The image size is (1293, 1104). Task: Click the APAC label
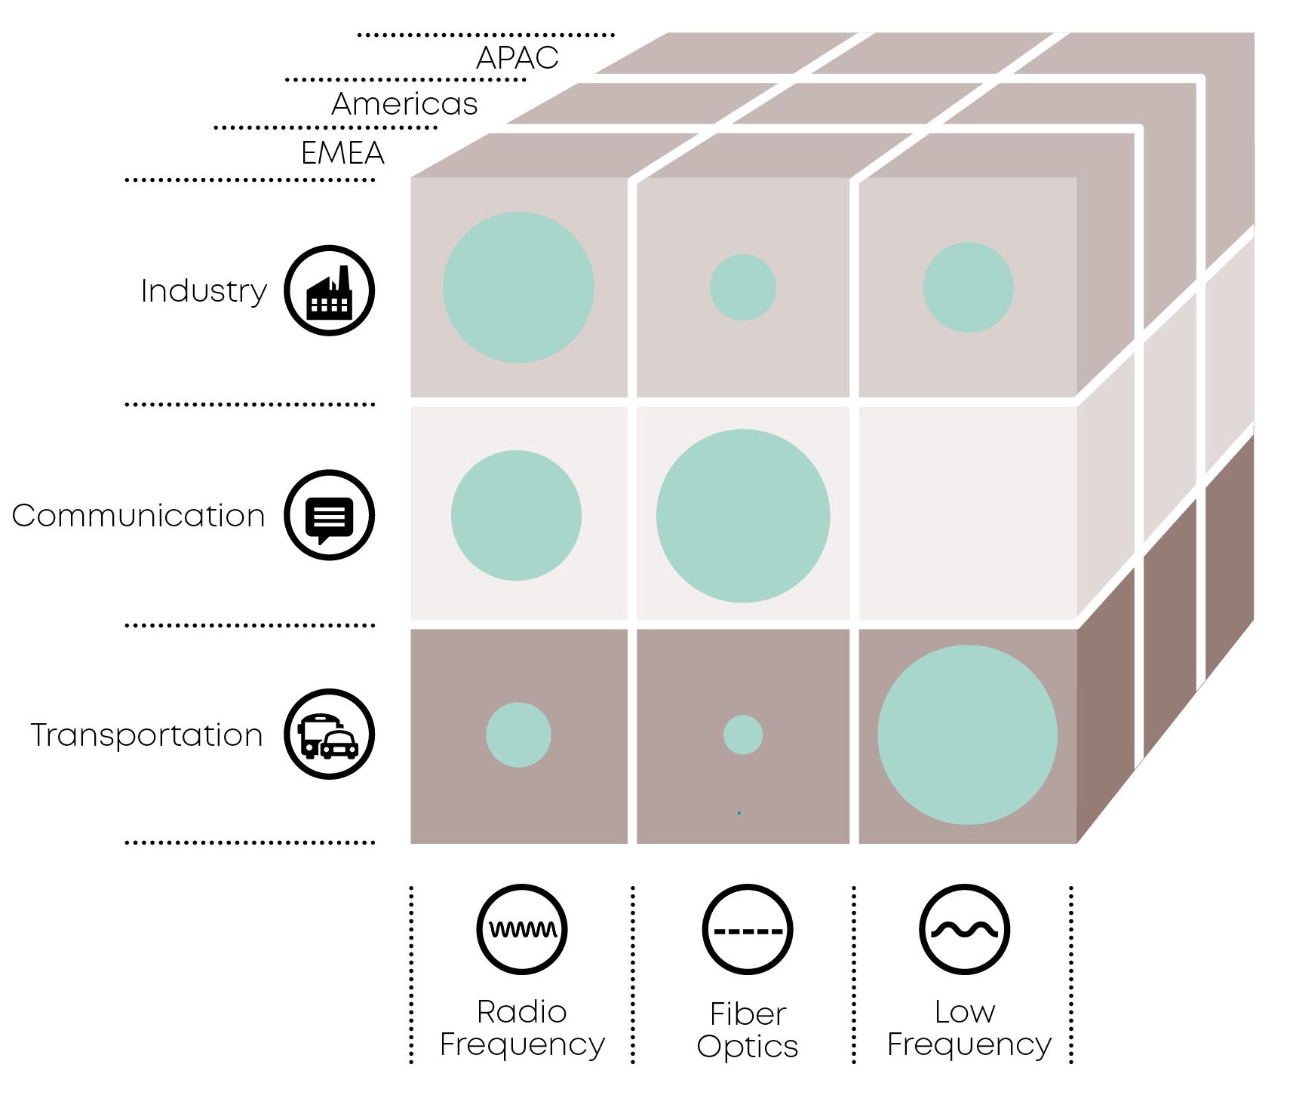click(517, 58)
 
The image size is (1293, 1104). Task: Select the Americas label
click(404, 104)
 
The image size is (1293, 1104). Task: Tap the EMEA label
click(342, 153)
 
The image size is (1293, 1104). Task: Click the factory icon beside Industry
click(329, 290)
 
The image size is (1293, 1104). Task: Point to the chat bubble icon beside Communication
click(329, 515)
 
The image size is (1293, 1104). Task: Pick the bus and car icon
click(329, 734)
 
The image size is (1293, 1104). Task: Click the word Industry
click(204, 291)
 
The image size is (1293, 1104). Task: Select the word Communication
click(139, 516)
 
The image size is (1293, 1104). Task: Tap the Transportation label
click(146, 735)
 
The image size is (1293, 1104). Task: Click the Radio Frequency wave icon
click(521, 929)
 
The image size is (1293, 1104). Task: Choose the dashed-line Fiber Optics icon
click(747, 930)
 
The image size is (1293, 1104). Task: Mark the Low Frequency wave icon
click(964, 929)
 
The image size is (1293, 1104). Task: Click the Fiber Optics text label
click(747, 1030)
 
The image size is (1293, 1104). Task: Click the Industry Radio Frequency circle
click(518, 287)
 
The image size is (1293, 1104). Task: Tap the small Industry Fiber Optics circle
click(743, 287)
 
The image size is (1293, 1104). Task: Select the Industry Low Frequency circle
click(968, 287)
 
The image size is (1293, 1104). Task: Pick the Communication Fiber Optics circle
click(743, 516)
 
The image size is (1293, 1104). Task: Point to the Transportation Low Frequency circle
click(967, 734)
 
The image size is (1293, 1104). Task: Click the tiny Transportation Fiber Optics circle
click(743, 734)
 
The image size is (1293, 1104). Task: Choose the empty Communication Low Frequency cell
click(968, 514)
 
